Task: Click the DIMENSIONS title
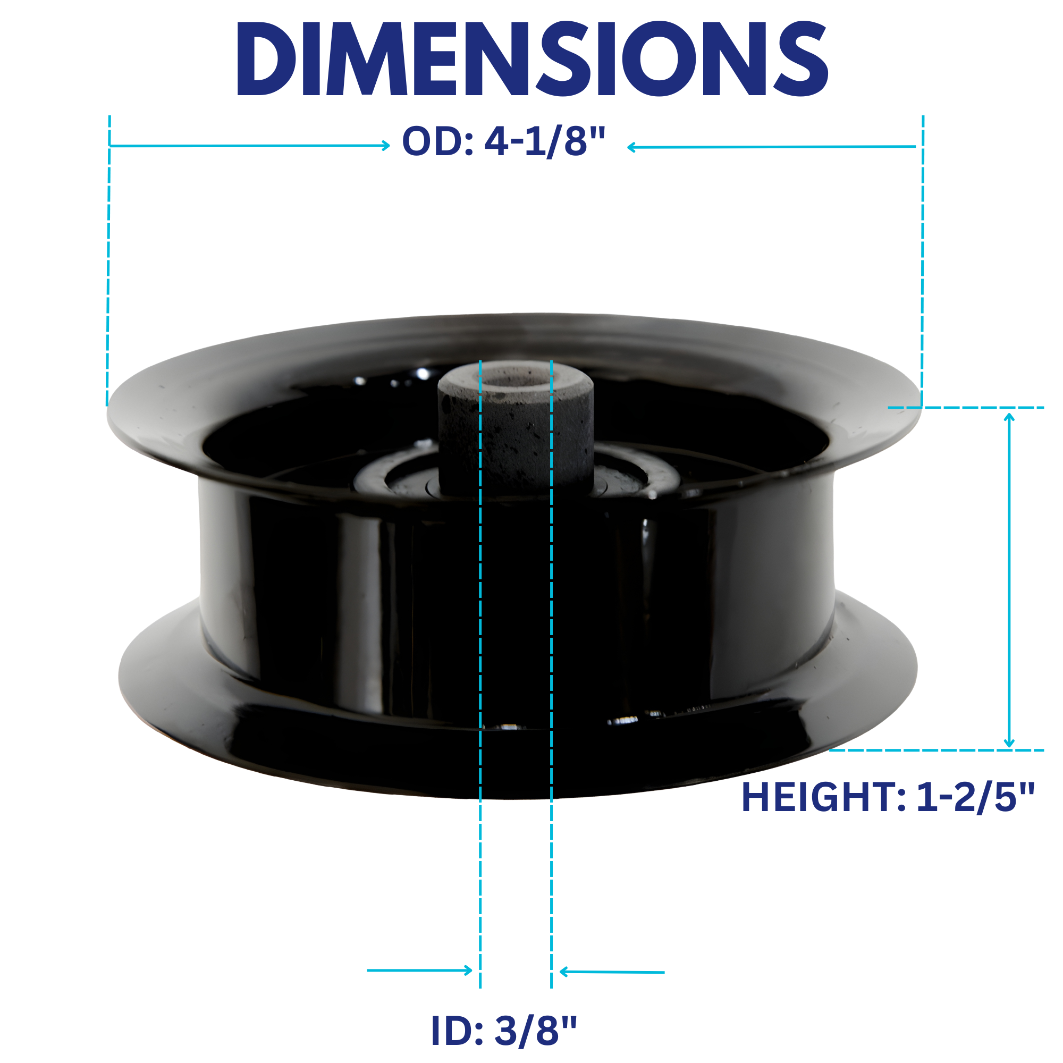(532, 59)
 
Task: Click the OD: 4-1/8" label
(504, 141)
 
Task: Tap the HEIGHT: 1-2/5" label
(888, 797)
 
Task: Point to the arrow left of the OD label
(250, 145)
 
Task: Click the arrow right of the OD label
(771, 147)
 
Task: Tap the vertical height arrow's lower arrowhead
(1009, 744)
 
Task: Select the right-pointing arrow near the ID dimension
(420, 971)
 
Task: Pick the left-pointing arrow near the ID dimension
(612, 972)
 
